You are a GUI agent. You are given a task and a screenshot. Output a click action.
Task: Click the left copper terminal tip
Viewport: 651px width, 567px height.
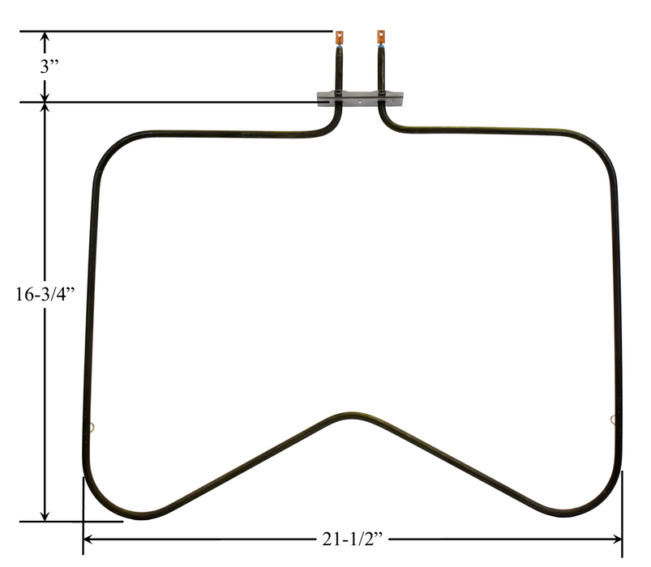click(x=339, y=37)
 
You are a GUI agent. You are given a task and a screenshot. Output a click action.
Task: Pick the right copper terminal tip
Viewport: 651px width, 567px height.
click(x=379, y=37)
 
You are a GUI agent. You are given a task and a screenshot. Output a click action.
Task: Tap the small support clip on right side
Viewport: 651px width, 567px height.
click(x=612, y=418)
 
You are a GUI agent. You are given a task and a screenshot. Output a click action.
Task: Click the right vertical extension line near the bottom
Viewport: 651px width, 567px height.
click(x=623, y=510)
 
